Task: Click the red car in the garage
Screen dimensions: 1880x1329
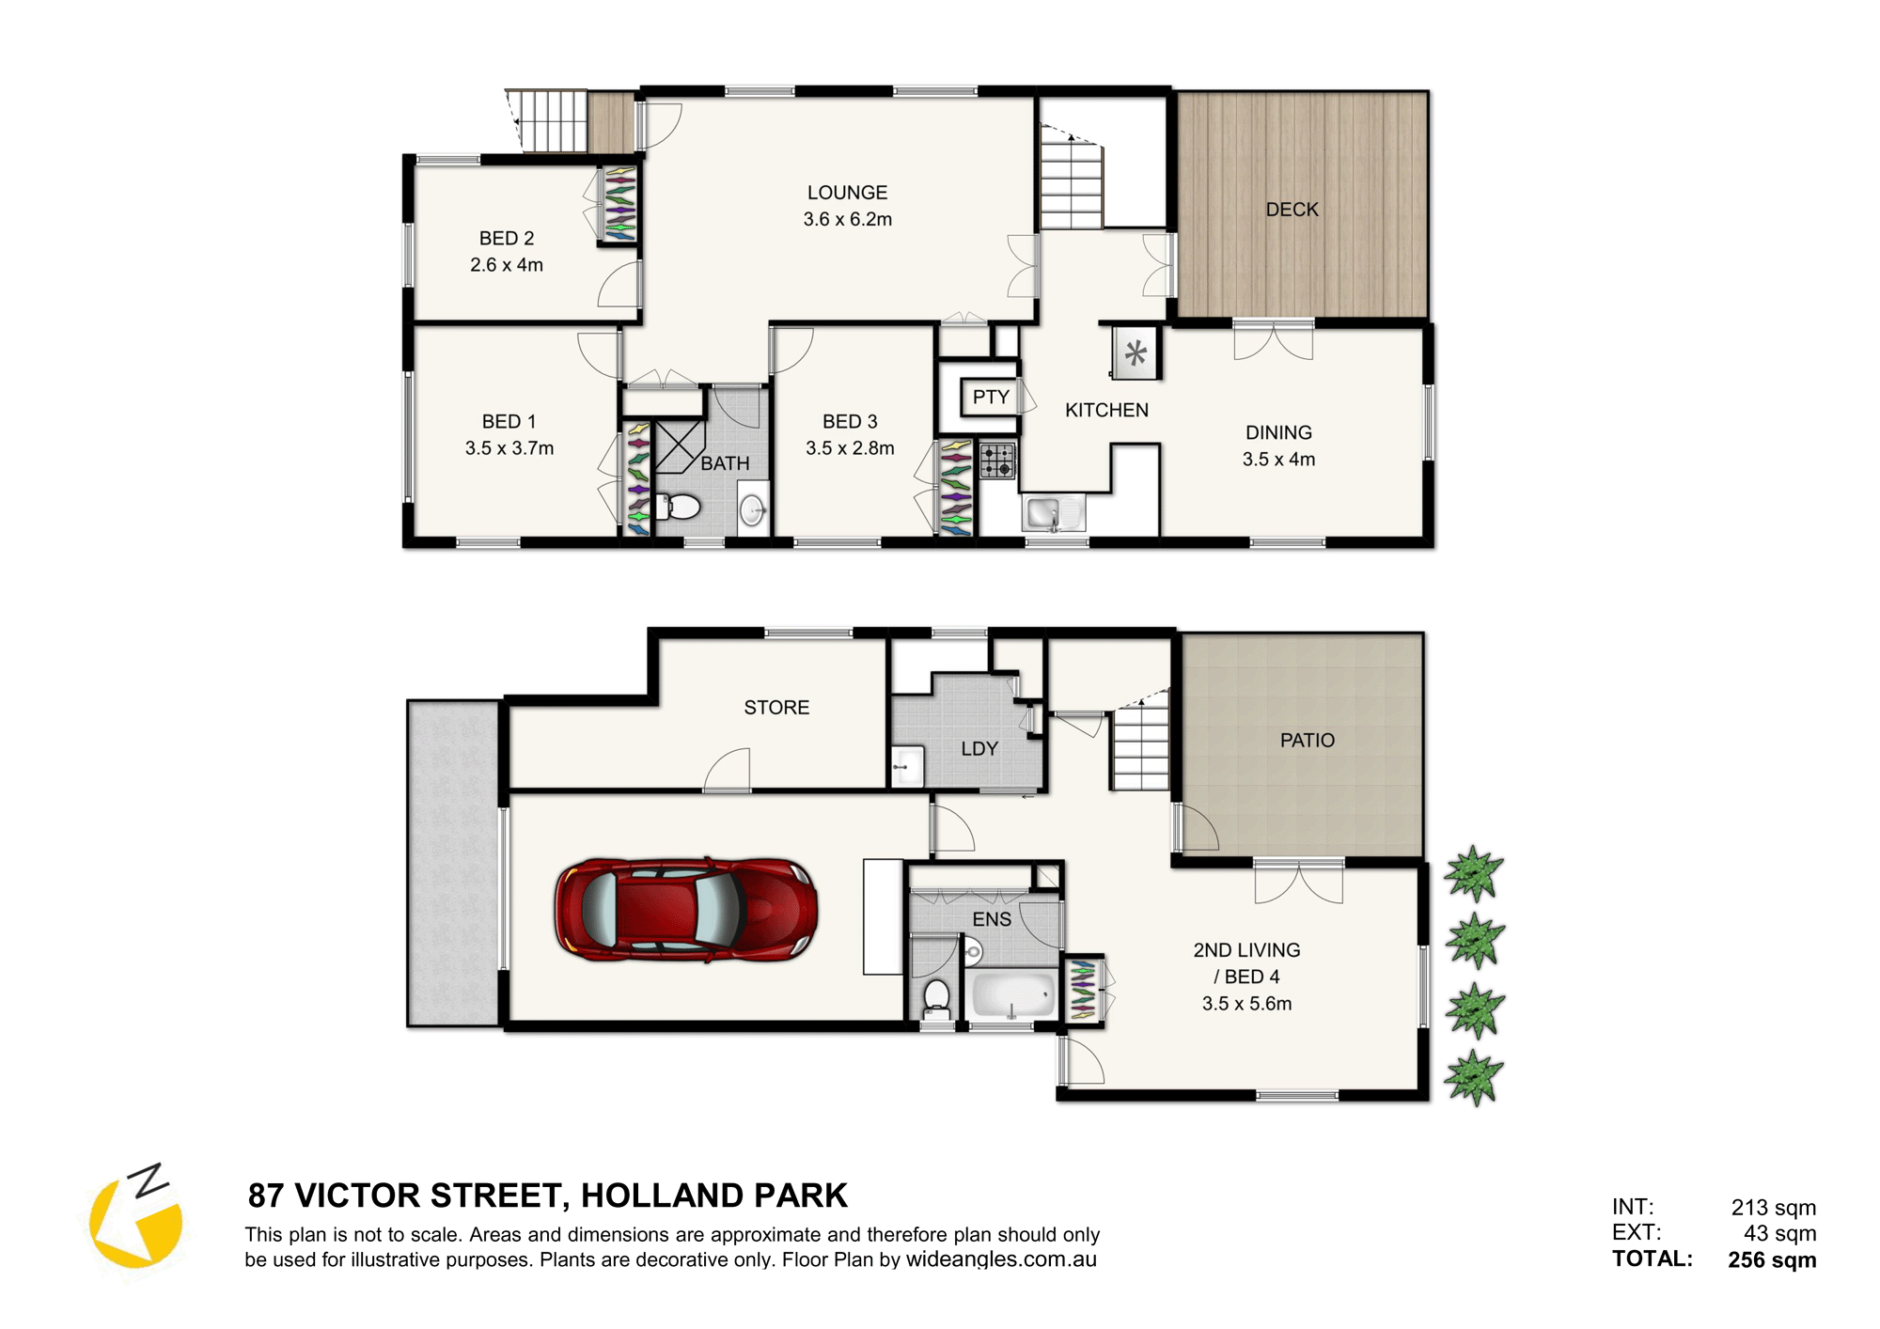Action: (x=685, y=909)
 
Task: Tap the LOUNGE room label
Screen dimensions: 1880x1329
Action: (x=847, y=193)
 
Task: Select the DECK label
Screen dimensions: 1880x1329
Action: (x=1292, y=210)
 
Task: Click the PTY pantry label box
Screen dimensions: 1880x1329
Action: (x=991, y=397)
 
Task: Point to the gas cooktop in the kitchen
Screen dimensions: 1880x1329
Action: (x=997, y=461)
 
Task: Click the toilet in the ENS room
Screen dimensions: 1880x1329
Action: (x=936, y=998)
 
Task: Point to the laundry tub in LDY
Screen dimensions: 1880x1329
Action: (x=907, y=766)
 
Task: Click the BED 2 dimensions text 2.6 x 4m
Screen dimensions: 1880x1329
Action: (x=507, y=265)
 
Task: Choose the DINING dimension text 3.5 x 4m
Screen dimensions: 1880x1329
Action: (x=1278, y=460)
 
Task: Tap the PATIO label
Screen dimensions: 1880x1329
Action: (x=1307, y=741)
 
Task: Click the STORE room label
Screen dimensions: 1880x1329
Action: (x=776, y=708)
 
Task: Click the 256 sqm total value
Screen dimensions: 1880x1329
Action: (x=1772, y=1260)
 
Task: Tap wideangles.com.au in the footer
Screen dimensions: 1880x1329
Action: (x=1001, y=1259)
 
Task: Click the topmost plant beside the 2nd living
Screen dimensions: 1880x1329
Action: (x=1474, y=873)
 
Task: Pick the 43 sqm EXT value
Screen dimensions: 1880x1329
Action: (x=1780, y=1233)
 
